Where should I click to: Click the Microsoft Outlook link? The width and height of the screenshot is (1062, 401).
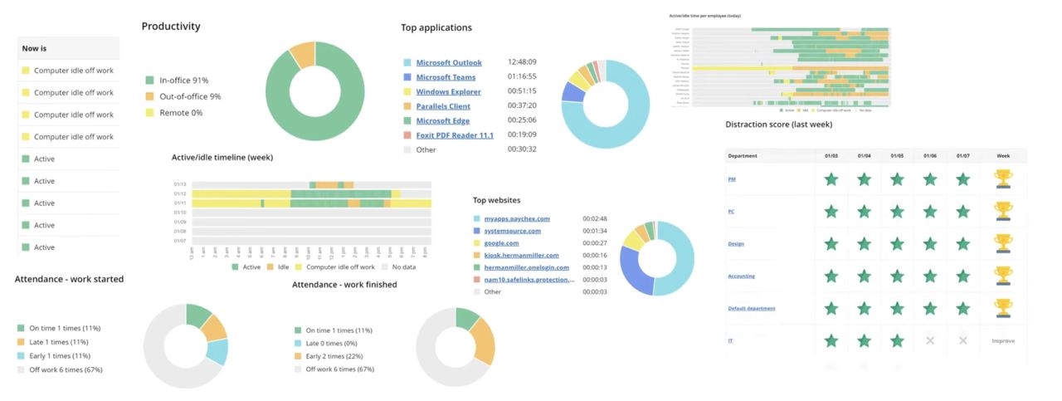[448, 62]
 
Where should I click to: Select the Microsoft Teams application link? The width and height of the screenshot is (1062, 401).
[446, 76]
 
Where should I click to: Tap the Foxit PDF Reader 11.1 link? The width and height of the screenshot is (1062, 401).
[454, 134]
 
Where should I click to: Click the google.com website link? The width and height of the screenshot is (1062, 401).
[501, 243]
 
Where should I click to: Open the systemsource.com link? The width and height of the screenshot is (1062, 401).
[512, 231]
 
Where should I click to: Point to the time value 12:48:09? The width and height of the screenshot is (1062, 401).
[522, 62]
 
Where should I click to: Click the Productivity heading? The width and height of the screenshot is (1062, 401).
[171, 27]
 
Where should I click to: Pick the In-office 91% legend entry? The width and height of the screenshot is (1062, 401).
[183, 81]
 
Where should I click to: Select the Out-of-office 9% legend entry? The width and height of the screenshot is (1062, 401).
[190, 96]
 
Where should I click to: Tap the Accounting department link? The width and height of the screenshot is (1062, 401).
[741, 276]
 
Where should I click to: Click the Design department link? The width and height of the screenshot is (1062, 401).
[736, 243]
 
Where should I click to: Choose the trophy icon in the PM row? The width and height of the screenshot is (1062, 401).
[1002, 178]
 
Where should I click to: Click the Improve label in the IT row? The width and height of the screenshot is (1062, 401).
[1002, 341]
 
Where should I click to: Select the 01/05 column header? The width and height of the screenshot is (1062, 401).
[897, 155]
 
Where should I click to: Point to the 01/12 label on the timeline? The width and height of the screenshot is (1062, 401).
[180, 193]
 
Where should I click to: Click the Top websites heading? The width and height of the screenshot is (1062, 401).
[496, 200]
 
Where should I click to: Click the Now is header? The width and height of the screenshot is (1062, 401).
[35, 49]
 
